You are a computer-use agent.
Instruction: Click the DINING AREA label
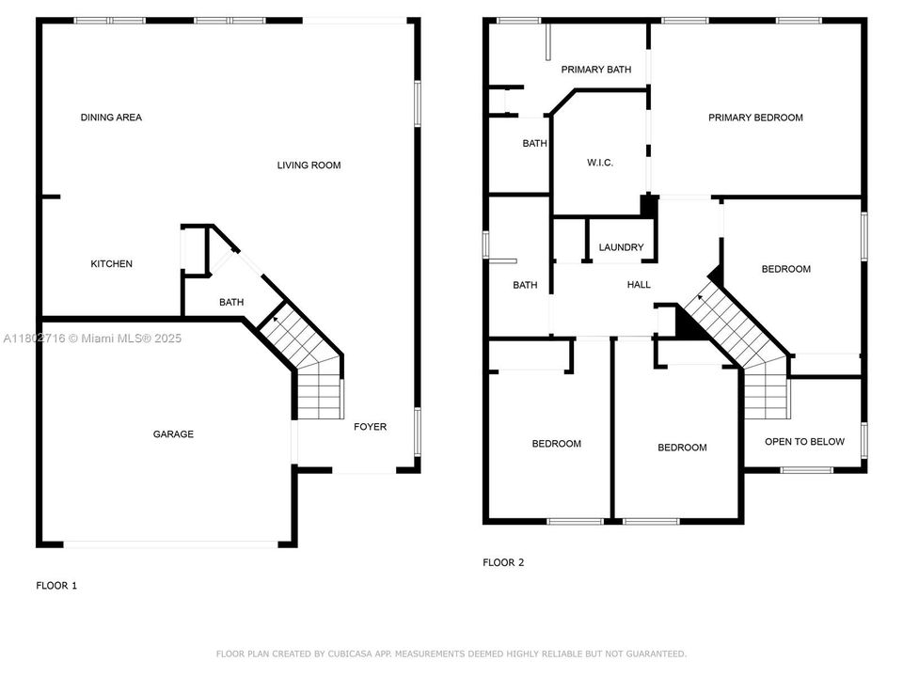point(111,118)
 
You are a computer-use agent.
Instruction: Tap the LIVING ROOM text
point(309,165)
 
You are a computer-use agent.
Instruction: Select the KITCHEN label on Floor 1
point(111,264)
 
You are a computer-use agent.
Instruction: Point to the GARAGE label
point(173,434)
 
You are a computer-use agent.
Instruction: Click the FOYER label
point(370,427)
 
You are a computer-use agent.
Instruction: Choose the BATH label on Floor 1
point(231,303)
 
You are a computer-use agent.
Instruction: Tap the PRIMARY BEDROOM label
point(755,118)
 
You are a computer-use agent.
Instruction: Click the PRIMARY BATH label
point(595,70)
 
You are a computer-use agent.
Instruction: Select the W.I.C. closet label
point(600,163)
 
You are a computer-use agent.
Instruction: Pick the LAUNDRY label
point(621,248)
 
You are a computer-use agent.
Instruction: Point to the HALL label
point(639,285)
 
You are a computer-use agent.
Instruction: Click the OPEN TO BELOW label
point(804,442)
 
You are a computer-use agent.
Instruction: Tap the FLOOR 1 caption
point(56,586)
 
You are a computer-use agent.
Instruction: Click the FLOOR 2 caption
point(503,563)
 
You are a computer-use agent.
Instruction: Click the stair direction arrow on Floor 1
point(274,321)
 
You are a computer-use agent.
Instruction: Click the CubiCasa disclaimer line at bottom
point(451,653)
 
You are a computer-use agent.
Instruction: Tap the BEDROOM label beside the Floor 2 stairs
point(785,269)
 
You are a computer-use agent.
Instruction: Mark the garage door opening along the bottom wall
point(170,543)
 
